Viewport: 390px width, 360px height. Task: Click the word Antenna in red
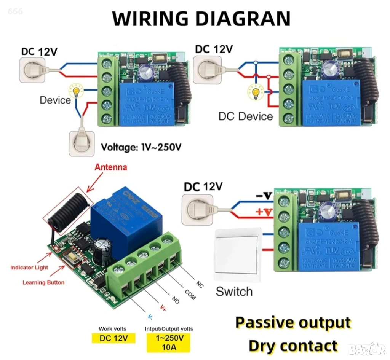point(111,167)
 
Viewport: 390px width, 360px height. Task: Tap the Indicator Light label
point(29,268)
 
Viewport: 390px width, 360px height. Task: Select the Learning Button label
point(43,282)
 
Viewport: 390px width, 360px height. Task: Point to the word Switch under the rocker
point(234,292)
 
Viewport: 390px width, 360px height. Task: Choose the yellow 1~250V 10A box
point(169,342)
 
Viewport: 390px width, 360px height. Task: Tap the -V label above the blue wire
point(263,196)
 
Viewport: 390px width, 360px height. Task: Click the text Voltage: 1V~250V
point(141,147)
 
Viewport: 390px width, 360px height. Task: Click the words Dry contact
point(293,346)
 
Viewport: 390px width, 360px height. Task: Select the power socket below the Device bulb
point(82,143)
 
